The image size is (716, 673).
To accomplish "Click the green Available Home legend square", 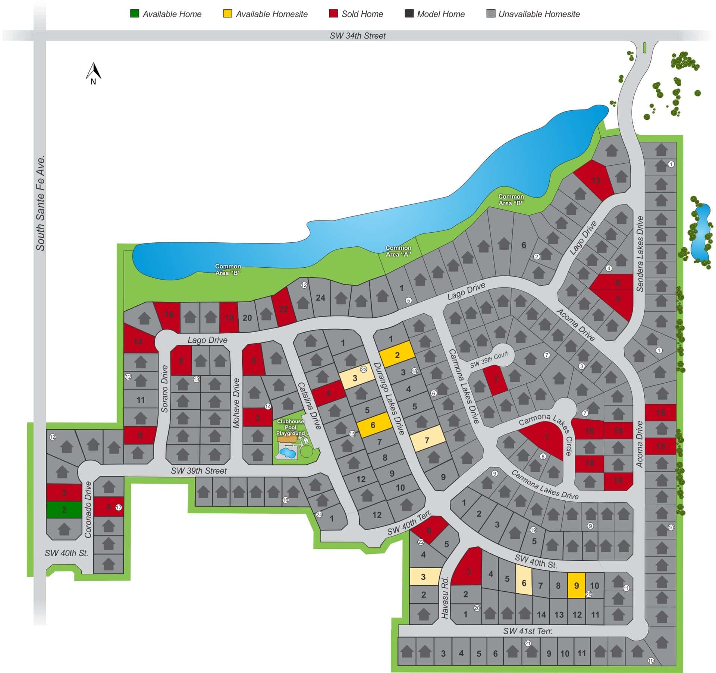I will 134,14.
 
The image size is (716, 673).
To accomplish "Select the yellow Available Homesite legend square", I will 227,14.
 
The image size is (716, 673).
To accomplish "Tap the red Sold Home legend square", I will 333,14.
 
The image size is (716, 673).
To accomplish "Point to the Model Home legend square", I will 409,14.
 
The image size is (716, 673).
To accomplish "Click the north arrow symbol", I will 94,73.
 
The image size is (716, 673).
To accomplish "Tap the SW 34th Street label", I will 358,36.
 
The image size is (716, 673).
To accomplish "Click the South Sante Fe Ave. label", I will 40,203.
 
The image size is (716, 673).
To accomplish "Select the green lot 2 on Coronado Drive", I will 64,510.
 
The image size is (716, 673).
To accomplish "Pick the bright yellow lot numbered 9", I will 576,586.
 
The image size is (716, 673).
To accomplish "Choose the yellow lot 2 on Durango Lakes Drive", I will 397,354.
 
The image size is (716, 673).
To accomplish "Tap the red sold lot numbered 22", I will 283,308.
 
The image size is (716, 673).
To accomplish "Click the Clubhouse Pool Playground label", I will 290,427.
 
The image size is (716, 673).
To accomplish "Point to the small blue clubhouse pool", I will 288,453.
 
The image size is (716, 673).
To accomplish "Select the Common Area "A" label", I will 398,251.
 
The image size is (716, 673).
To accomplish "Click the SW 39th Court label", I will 489,360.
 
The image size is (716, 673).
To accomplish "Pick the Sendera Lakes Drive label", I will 640,254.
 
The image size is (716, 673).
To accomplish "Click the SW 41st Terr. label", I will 528,631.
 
